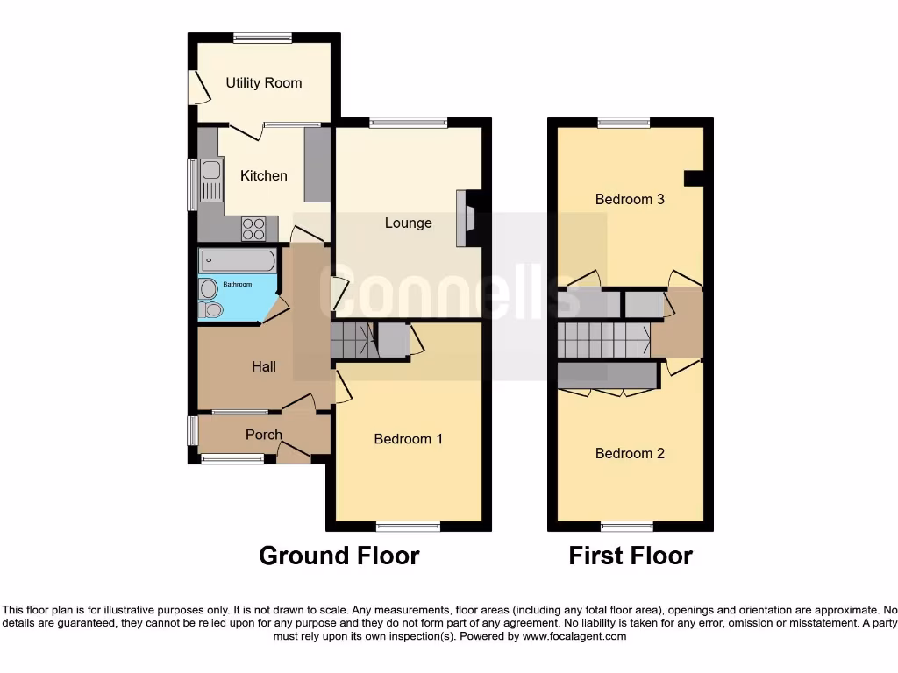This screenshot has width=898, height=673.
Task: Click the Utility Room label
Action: point(263,83)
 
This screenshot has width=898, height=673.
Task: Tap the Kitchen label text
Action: point(263,176)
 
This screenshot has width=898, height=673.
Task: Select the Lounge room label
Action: point(408,223)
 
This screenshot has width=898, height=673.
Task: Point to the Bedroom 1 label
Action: point(408,439)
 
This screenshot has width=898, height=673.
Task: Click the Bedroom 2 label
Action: point(630,454)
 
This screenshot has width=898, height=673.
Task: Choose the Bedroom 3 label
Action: point(630,200)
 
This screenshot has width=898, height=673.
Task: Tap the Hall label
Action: point(264,367)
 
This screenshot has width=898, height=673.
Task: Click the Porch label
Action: point(263,435)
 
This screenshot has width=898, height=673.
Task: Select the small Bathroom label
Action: point(237,285)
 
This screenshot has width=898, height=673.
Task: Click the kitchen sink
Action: point(211,180)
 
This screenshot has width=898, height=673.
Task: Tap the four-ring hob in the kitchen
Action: point(253,229)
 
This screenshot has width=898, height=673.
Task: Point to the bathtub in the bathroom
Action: point(238,261)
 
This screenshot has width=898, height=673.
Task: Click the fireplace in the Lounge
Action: point(466,218)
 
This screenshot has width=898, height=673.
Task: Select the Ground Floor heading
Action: point(339,556)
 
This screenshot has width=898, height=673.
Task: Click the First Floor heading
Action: point(630,556)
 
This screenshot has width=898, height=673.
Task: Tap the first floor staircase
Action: point(603,340)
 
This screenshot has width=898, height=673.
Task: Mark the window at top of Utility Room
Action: point(263,38)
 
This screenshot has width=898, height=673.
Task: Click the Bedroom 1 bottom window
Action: point(408,527)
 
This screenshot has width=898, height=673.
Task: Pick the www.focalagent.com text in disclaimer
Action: point(574,637)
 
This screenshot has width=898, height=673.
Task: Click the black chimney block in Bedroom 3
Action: point(694,178)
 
